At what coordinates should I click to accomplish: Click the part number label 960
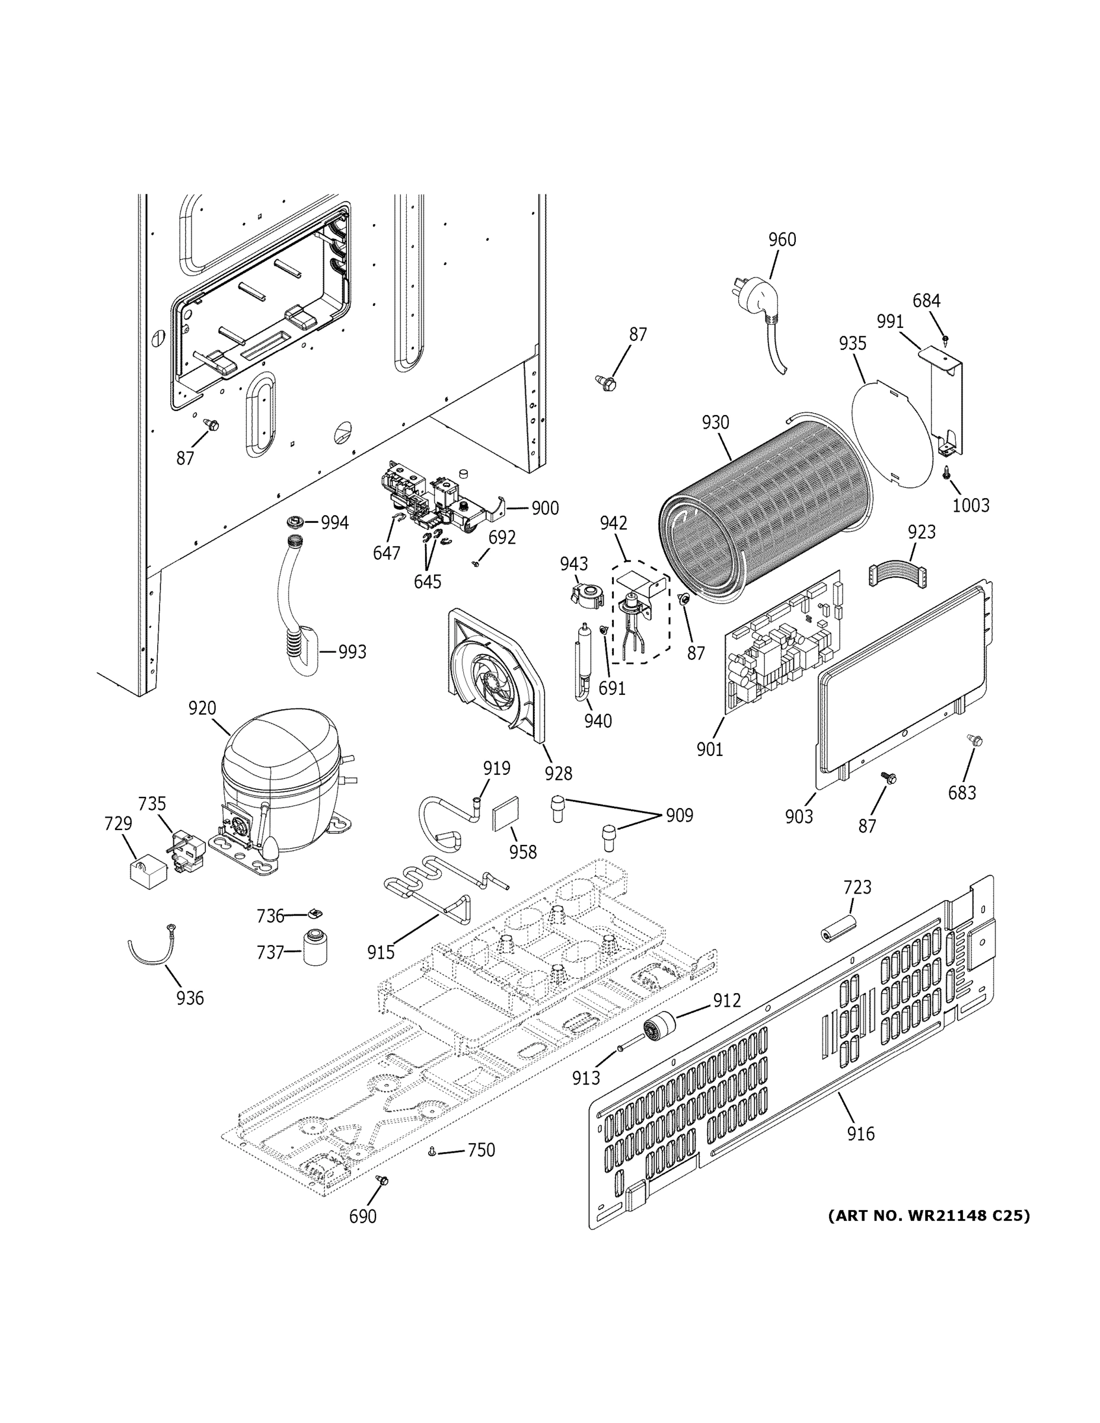[782, 240]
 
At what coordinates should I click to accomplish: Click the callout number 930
[715, 422]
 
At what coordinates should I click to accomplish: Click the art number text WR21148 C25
[929, 1216]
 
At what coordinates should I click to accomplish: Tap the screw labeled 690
[382, 1180]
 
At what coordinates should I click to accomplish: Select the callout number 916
[860, 1134]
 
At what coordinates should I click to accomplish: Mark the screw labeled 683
[975, 740]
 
